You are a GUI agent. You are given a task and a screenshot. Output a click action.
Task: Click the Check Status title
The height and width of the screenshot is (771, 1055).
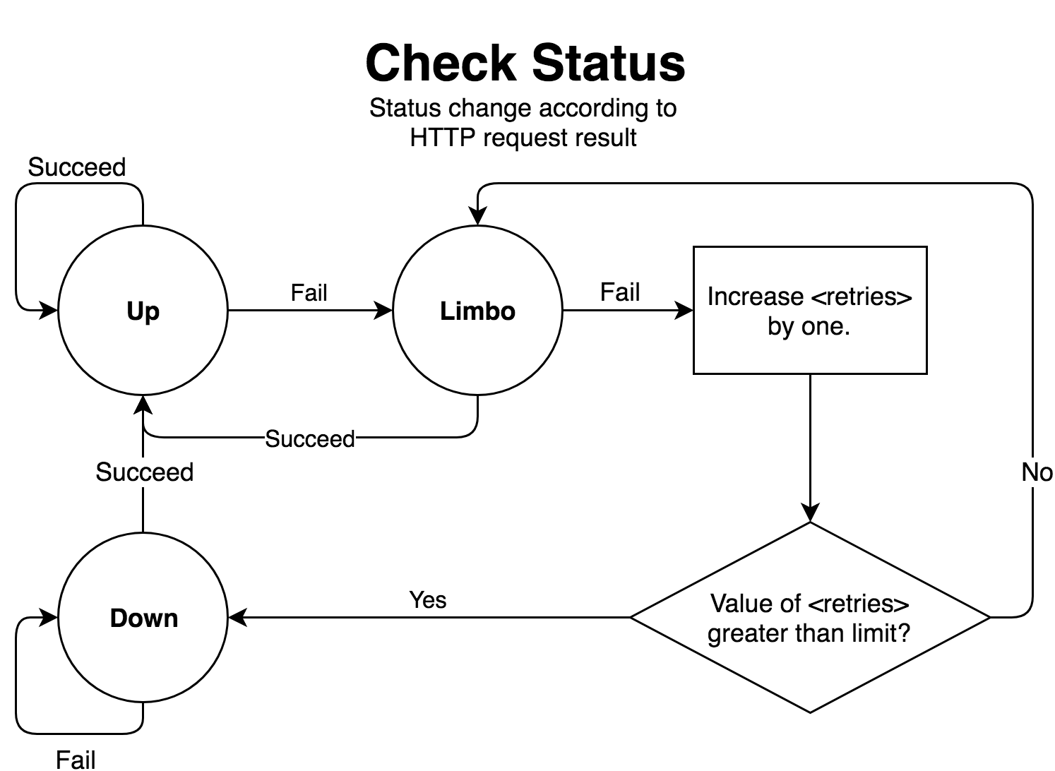pos(525,63)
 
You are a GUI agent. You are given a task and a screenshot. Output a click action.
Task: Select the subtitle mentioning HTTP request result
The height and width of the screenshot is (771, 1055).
pos(523,123)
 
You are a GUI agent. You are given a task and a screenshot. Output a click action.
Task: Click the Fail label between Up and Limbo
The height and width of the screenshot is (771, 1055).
pos(309,292)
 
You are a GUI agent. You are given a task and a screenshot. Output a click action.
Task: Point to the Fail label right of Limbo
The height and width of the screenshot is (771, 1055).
pos(619,292)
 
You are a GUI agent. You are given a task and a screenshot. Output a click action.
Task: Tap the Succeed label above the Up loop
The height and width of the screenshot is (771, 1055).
pos(76,167)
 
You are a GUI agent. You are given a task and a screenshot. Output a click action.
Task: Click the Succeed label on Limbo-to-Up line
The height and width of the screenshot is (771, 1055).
pos(310,439)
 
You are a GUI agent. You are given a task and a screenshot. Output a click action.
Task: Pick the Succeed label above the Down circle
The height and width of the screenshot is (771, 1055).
pos(144,472)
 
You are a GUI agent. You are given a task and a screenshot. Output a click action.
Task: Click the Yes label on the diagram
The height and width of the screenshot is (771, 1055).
pos(427,600)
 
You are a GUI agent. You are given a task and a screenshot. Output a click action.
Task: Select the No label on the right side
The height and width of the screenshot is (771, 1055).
pos(1036,472)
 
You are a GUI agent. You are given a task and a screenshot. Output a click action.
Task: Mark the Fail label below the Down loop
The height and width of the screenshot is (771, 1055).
pos(76,760)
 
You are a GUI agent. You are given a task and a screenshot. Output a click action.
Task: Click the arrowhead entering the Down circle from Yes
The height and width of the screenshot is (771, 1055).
pos(237,618)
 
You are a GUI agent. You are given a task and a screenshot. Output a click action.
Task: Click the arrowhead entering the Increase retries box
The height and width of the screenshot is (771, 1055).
pos(685,311)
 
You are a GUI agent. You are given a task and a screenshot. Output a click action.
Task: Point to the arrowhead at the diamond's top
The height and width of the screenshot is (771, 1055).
pos(810,513)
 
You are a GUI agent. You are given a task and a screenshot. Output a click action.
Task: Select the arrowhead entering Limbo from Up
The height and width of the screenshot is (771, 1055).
pos(383,311)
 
